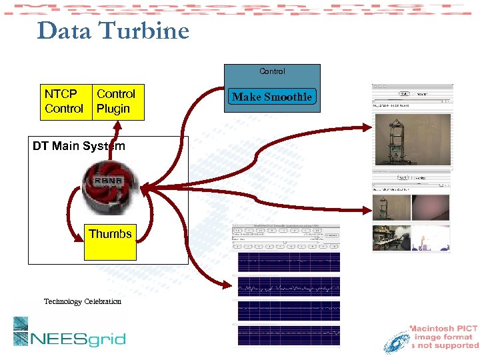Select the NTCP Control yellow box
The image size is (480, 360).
pos(64,101)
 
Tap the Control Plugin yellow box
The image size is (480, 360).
pos(118,101)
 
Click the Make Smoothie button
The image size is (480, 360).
pos(272,97)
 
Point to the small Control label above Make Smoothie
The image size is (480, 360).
pos(272,71)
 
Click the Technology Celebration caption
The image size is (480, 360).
pos(83,301)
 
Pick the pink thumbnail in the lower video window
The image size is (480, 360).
pos(431,208)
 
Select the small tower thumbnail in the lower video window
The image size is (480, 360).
pos(391,208)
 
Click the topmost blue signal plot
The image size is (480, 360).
pos(288,262)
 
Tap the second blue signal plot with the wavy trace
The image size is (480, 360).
pos(288,287)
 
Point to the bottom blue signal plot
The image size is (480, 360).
pos(288,333)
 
